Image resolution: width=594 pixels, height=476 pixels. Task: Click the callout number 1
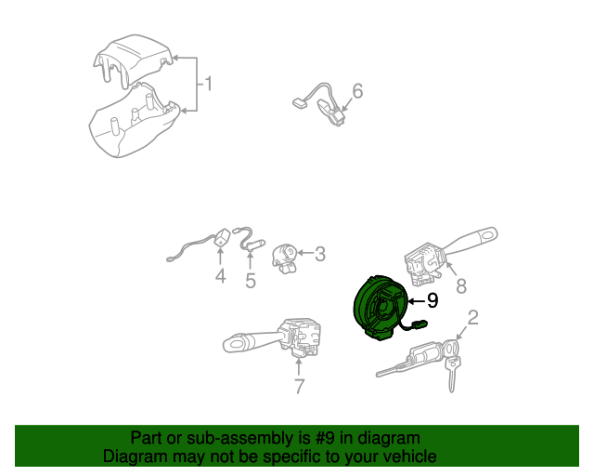(x=208, y=84)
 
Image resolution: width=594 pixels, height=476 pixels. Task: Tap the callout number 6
(x=357, y=91)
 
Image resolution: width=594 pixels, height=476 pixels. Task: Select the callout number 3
(x=320, y=254)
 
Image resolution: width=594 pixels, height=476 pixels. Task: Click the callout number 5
(x=251, y=281)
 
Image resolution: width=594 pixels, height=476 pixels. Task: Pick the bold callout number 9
(x=433, y=300)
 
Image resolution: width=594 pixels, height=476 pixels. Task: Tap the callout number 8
(x=461, y=285)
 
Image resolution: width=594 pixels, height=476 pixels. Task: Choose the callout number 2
(x=473, y=318)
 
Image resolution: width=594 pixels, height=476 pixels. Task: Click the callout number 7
(x=299, y=387)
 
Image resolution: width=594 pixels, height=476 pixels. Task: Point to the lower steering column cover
(x=134, y=122)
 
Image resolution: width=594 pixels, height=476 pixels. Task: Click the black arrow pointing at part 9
(x=416, y=301)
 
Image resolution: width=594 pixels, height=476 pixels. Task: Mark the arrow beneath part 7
(x=299, y=366)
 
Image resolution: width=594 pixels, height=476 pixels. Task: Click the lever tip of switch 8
(x=488, y=234)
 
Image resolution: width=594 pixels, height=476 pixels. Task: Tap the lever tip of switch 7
(x=235, y=344)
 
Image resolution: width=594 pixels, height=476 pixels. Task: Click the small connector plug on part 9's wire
(x=420, y=324)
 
